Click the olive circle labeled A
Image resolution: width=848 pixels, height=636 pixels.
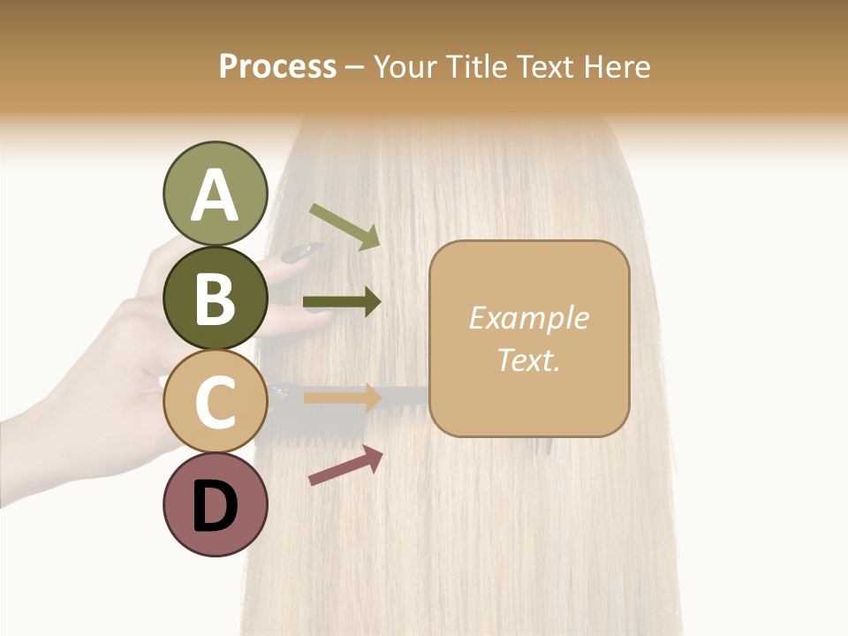[216, 193]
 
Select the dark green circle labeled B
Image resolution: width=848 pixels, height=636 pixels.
[216, 298]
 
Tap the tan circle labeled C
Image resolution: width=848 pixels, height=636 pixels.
[216, 401]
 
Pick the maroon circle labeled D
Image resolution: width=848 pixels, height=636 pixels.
[216, 504]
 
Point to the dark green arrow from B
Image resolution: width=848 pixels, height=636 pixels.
[342, 303]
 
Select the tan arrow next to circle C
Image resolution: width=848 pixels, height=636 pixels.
[342, 397]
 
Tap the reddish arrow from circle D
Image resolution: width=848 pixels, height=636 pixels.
[345, 466]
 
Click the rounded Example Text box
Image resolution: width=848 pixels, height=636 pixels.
[529, 338]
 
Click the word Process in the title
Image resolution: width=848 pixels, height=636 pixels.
[277, 66]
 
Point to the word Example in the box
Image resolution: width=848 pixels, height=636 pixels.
[529, 318]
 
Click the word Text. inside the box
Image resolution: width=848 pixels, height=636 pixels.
[529, 360]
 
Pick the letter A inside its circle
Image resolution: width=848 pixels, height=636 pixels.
[216, 195]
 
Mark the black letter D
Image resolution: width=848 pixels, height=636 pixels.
[216, 506]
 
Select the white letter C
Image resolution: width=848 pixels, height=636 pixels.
[216, 403]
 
